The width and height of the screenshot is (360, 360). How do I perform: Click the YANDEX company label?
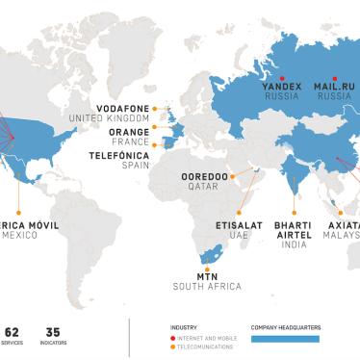[x=282, y=87]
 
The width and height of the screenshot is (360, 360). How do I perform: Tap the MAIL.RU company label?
[x=335, y=87]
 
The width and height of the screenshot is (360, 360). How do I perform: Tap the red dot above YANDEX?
[x=281, y=76]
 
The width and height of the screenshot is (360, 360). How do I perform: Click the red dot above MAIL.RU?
[x=334, y=76]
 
